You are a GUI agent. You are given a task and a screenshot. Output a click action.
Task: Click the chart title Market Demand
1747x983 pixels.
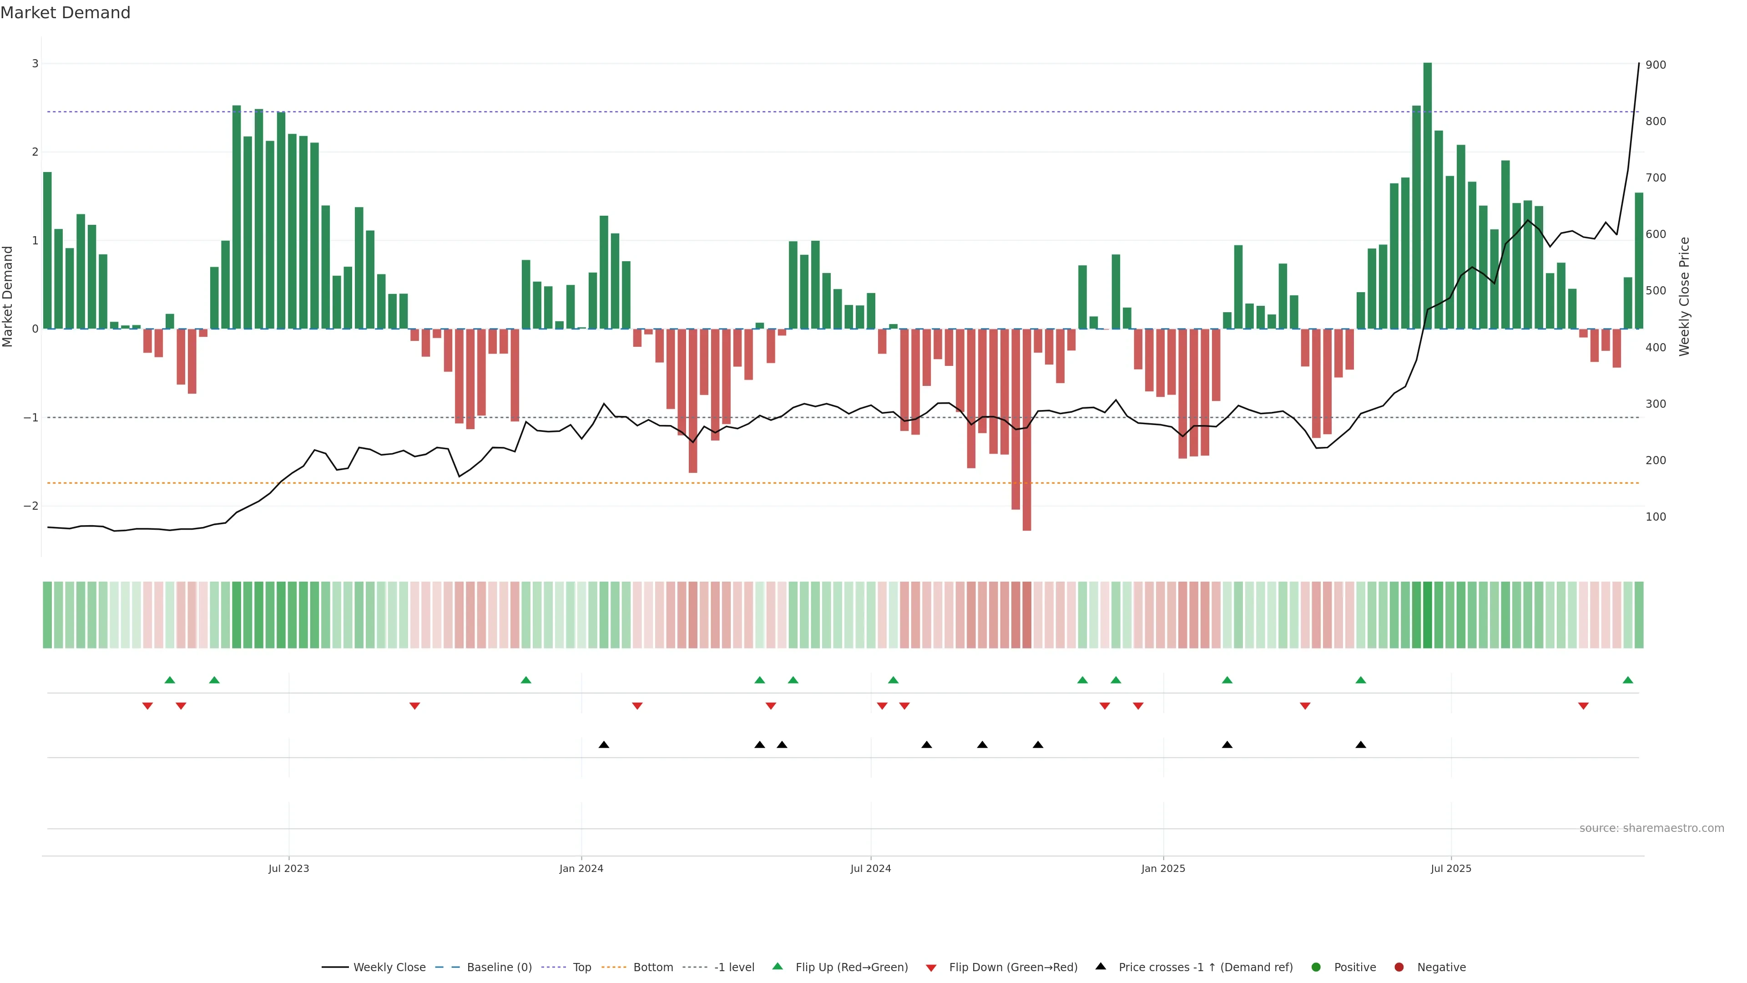[65, 13]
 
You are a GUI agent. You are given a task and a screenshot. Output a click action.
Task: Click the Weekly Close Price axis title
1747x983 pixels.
[1685, 296]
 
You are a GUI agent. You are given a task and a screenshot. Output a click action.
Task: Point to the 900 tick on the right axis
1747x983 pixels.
[1656, 65]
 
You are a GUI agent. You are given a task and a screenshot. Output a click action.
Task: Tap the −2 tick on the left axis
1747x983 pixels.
[31, 506]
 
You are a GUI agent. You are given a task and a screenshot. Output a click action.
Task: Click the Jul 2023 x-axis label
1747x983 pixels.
[288, 868]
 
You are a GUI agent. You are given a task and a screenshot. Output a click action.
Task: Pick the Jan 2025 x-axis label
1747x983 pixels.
[1163, 868]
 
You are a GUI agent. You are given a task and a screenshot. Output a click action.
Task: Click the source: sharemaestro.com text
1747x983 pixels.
[1651, 828]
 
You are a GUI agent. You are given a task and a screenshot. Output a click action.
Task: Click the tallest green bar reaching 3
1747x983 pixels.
[1428, 197]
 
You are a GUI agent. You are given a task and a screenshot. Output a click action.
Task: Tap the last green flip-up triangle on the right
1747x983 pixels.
[1628, 680]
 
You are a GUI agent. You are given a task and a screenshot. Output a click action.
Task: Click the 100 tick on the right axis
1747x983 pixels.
[1656, 517]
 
